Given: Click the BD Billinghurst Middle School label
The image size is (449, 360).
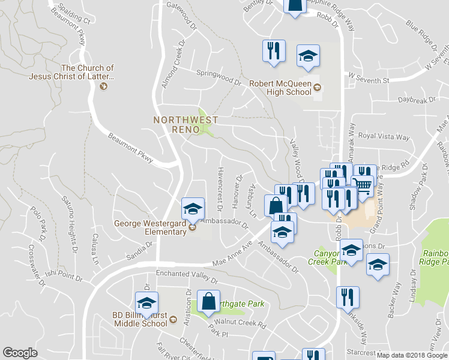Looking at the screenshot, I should tap(139, 319).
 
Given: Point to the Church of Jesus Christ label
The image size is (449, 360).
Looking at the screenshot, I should tap(88, 73).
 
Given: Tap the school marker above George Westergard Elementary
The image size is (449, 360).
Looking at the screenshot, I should tap(193, 210).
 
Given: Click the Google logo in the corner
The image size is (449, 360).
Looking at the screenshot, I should tap(20, 353).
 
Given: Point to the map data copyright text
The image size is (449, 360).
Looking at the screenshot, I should tap(412, 355).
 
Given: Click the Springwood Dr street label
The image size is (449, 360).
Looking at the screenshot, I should tap(218, 74).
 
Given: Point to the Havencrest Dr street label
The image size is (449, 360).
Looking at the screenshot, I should tap(220, 188).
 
